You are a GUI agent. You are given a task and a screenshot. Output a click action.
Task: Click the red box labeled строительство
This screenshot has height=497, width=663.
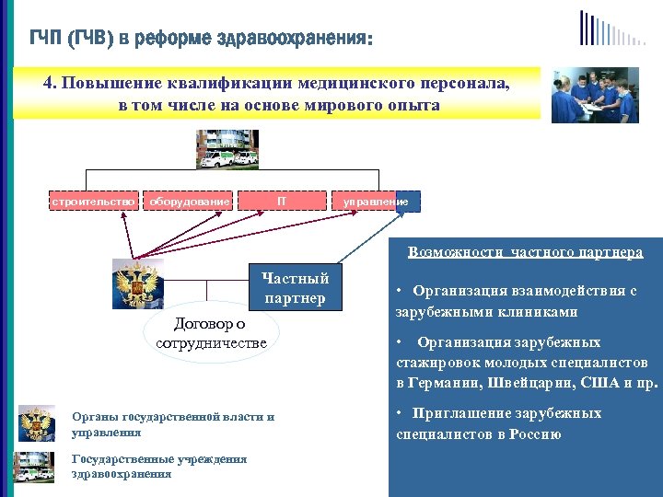tap(94, 201)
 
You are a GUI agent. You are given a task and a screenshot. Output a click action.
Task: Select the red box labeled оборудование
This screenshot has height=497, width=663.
tap(190, 201)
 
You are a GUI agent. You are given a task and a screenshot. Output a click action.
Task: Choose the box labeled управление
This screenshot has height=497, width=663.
tap(376, 201)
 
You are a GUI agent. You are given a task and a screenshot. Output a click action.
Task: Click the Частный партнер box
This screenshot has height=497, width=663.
tap(295, 287)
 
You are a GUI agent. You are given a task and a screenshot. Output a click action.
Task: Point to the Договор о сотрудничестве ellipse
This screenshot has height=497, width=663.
tap(210, 333)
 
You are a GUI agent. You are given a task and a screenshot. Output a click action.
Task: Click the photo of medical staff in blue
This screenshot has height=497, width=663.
tap(594, 94)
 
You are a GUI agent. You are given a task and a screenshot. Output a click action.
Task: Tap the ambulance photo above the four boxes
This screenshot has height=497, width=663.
tap(227, 149)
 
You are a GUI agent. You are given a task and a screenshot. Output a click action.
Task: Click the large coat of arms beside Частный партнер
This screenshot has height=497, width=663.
tap(137, 283)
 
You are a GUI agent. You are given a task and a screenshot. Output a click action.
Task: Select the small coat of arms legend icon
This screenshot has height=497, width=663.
tap(37, 423)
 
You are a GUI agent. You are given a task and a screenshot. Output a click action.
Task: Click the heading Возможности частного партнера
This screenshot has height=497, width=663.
tap(525, 251)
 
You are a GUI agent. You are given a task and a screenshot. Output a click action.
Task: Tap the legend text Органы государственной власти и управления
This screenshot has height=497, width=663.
tap(172, 423)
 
